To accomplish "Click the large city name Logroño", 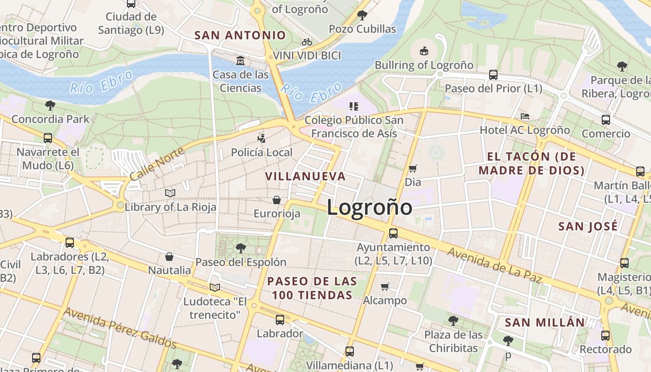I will tap(369, 207).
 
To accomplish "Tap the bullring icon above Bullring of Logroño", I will tap(424, 51).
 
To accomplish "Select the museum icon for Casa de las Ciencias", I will tap(240, 60).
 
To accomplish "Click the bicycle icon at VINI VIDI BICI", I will tap(307, 42).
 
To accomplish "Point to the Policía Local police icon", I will tap(262, 138).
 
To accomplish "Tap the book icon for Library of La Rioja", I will tap(170, 193).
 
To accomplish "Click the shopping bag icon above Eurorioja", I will tap(277, 200).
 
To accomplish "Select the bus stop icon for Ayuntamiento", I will tap(393, 233).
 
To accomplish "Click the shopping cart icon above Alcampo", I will tap(385, 286).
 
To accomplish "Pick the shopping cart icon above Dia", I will tap(412, 168).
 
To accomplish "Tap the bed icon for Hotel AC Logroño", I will tap(525, 116).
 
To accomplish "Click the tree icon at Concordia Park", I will tap(50, 105).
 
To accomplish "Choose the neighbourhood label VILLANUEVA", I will tap(306, 176).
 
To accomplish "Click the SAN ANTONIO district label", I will tap(240, 35).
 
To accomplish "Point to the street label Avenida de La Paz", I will tap(495, 265).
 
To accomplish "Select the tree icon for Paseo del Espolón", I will tap(240, 248).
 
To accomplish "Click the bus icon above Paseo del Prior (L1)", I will tap(493, 74).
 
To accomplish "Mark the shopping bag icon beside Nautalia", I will tap(169, 257).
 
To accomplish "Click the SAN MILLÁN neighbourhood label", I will tap(545, 322).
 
